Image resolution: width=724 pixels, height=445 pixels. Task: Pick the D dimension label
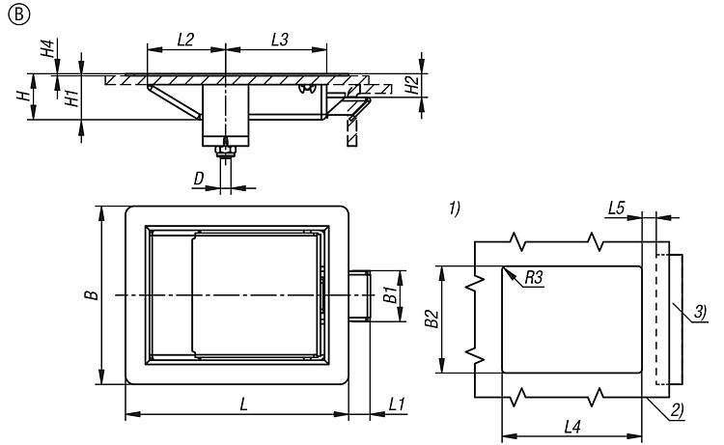tap(199, 180)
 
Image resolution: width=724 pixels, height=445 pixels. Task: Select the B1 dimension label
tap(392, 295)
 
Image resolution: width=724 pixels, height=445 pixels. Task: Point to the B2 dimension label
tap(432, 319)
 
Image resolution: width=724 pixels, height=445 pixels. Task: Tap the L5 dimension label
tap(617, 208)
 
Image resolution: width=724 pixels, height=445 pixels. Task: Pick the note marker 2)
tap(677, 411)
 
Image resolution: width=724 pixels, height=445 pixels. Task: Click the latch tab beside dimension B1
tap(360, 295)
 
